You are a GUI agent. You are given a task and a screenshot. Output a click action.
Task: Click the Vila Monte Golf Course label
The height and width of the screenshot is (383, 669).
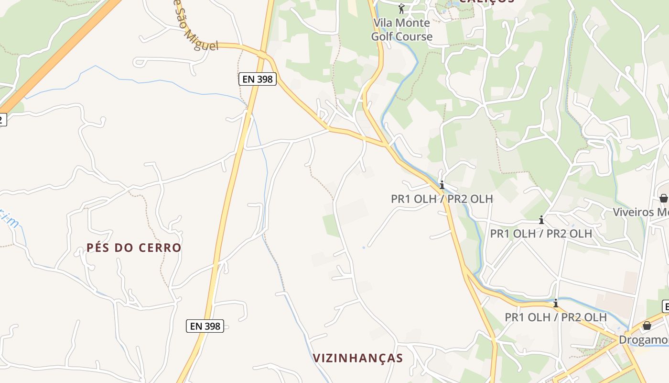(401, 29)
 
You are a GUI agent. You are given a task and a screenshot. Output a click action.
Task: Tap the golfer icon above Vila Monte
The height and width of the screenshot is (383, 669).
(401, 9)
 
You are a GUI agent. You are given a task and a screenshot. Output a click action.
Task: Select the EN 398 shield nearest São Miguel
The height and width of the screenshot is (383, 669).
(258, 79)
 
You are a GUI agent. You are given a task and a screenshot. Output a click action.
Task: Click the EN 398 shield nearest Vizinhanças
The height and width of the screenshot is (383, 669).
(205, 326)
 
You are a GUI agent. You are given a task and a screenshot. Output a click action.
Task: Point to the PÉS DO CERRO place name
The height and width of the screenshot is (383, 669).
(134, 248)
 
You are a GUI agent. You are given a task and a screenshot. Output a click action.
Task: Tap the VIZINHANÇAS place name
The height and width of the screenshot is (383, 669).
(358, 358)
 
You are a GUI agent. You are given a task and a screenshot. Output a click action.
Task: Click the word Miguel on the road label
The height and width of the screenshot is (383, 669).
(201, 41)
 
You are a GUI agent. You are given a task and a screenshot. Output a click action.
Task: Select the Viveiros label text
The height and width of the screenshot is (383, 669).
(640, 212)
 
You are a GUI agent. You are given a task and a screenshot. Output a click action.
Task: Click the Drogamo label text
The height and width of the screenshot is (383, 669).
(643, 340)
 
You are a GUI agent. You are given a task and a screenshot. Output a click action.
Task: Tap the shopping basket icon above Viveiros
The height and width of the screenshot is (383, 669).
(663, 198)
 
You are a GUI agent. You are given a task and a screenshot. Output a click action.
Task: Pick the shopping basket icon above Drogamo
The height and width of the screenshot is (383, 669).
(647, 326)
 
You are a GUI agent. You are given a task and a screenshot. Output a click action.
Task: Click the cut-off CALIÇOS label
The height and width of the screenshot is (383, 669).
(486, 1)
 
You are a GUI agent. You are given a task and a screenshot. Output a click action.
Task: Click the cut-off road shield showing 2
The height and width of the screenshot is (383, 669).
(2, 119)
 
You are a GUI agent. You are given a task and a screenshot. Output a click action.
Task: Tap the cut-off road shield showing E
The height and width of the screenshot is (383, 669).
(665, 306)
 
